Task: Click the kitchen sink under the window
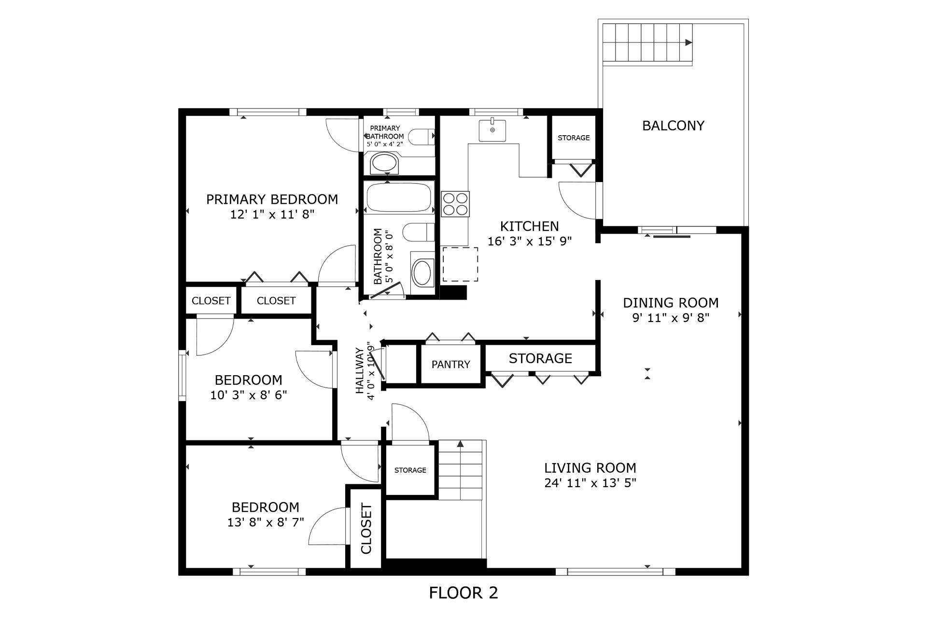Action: tap(492, 130)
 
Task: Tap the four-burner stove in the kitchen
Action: tap(455, 204)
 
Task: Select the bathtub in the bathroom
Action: tap(399, 197)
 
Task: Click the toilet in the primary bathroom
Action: tap(424, 137)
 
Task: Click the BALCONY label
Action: tap(673, 126)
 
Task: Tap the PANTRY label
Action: tap(451, 365)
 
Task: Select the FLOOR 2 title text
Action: tap(463, 592)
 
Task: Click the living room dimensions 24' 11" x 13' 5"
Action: tap(590, 483)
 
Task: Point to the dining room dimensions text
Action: tap(671, 318)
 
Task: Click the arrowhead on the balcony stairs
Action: tap(689, 42)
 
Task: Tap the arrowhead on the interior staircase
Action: tap(460, 443)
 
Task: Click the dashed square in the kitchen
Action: tap(461, 265)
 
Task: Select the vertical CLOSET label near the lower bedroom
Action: tap(366, 529)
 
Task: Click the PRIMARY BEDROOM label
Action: tap(272, 199)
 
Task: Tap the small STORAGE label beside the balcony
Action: tap(574, 138)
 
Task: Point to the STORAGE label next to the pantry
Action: tap(540, 358)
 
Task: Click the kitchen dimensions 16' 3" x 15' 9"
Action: tap(530, 241)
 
